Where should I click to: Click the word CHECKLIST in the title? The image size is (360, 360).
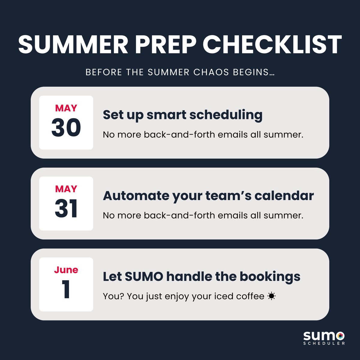tap(272, 44)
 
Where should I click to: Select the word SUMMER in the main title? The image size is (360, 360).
tap(73, 44)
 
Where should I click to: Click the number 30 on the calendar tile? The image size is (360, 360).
tap(66, 127)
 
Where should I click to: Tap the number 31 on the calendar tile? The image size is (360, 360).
tap(66, 208)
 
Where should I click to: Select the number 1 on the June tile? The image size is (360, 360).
tap(66, 289)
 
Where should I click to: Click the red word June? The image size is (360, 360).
tap(66, 270)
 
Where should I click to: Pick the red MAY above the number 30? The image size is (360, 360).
tap(66, 108)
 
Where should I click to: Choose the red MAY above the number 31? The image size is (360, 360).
tap(66, 189)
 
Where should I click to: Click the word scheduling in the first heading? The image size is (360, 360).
tap(226, 115)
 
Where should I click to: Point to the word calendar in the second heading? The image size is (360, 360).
tap(284, 196)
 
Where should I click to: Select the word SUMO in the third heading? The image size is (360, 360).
tap(144, 277)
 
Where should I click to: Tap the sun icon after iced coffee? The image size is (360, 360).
tap(271, 296)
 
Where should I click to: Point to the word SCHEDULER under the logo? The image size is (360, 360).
tap(324, 343)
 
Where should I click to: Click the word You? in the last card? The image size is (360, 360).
tap(113, 296)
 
